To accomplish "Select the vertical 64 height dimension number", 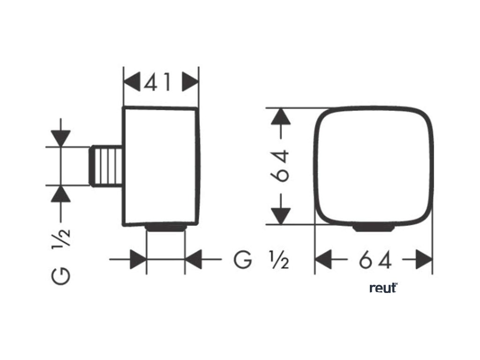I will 280,165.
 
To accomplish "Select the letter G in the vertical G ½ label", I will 61,276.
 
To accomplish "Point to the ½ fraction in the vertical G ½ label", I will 61,240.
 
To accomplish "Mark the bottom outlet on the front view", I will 373,228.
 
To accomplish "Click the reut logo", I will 383,288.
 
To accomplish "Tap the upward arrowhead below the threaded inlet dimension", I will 61,193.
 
